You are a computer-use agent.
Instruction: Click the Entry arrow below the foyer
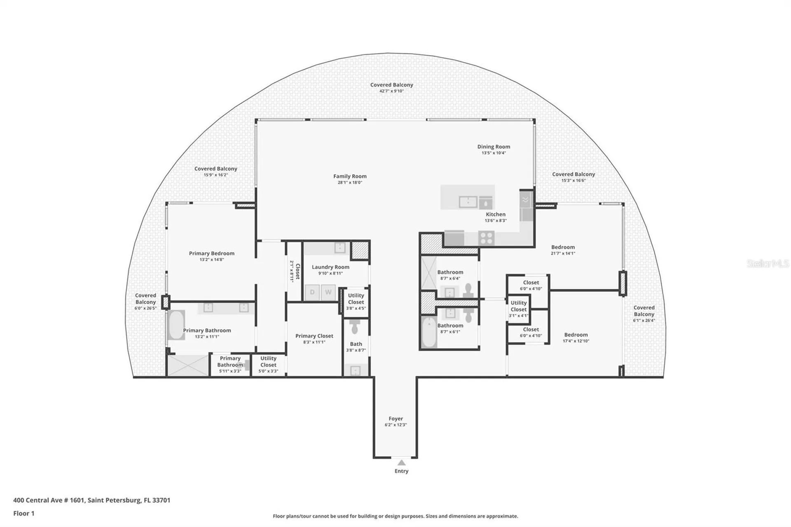(401, 463)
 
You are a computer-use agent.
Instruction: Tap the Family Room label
(350, 176)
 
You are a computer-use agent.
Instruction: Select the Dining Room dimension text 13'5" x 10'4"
(494, 153)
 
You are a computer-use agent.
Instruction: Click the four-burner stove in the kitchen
(486, 238)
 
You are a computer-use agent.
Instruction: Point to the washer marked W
(328, 292)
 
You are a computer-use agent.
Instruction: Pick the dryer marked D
(312, 292)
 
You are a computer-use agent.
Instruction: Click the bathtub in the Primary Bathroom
(176, 325)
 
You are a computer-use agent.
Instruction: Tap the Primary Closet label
(314, 336)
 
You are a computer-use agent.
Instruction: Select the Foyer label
(395, 419)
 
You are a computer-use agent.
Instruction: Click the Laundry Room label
(330, 267)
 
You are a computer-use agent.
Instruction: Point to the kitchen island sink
(468, 202)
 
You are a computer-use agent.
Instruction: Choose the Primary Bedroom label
(211, 253)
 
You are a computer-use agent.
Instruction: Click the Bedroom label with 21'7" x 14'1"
(563, 247)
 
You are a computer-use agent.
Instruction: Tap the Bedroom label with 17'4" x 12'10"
(576, 335)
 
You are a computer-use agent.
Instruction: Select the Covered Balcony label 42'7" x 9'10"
(391, 85)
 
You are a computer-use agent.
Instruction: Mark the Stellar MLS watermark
(768, 264)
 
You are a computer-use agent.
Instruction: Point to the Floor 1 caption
(24, 513)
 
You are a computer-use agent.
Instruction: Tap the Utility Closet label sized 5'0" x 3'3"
(268, 362)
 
